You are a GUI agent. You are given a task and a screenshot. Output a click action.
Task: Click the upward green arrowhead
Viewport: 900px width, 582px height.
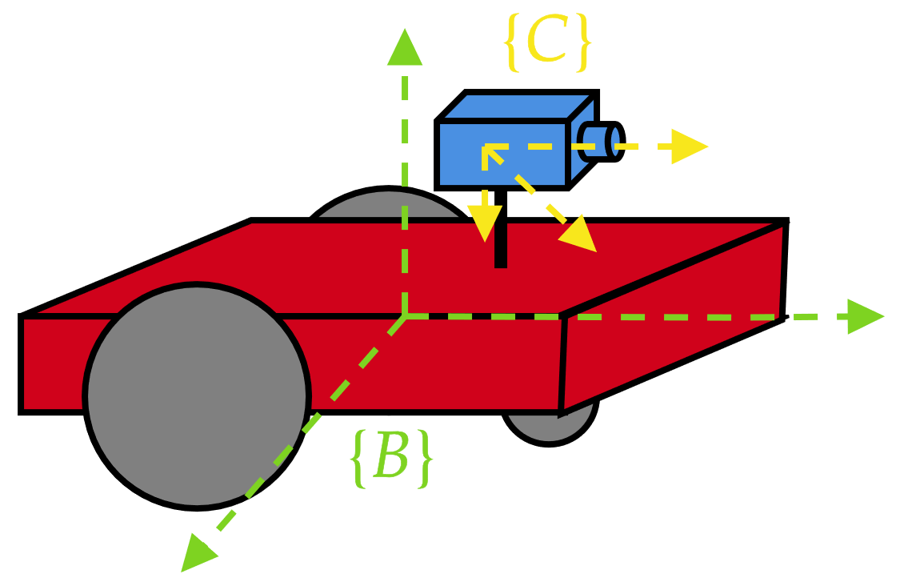tap(405, 48)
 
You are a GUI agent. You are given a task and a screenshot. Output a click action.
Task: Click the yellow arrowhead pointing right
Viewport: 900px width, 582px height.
tap(688, 147)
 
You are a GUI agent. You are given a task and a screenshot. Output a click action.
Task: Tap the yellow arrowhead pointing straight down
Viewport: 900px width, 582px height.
tap(484, 222)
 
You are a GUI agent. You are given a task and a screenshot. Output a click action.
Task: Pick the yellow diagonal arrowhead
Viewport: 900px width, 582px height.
tap(578, 235)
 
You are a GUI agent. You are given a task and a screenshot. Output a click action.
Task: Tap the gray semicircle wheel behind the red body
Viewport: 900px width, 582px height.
tap(389, 207)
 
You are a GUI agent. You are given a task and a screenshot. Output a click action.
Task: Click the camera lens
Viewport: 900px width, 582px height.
tap(614, 142)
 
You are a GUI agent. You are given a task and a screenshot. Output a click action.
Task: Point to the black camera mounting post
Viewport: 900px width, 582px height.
tap(501, 248)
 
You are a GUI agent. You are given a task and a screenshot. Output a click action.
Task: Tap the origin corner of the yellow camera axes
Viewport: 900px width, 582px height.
tap(486, 147)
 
